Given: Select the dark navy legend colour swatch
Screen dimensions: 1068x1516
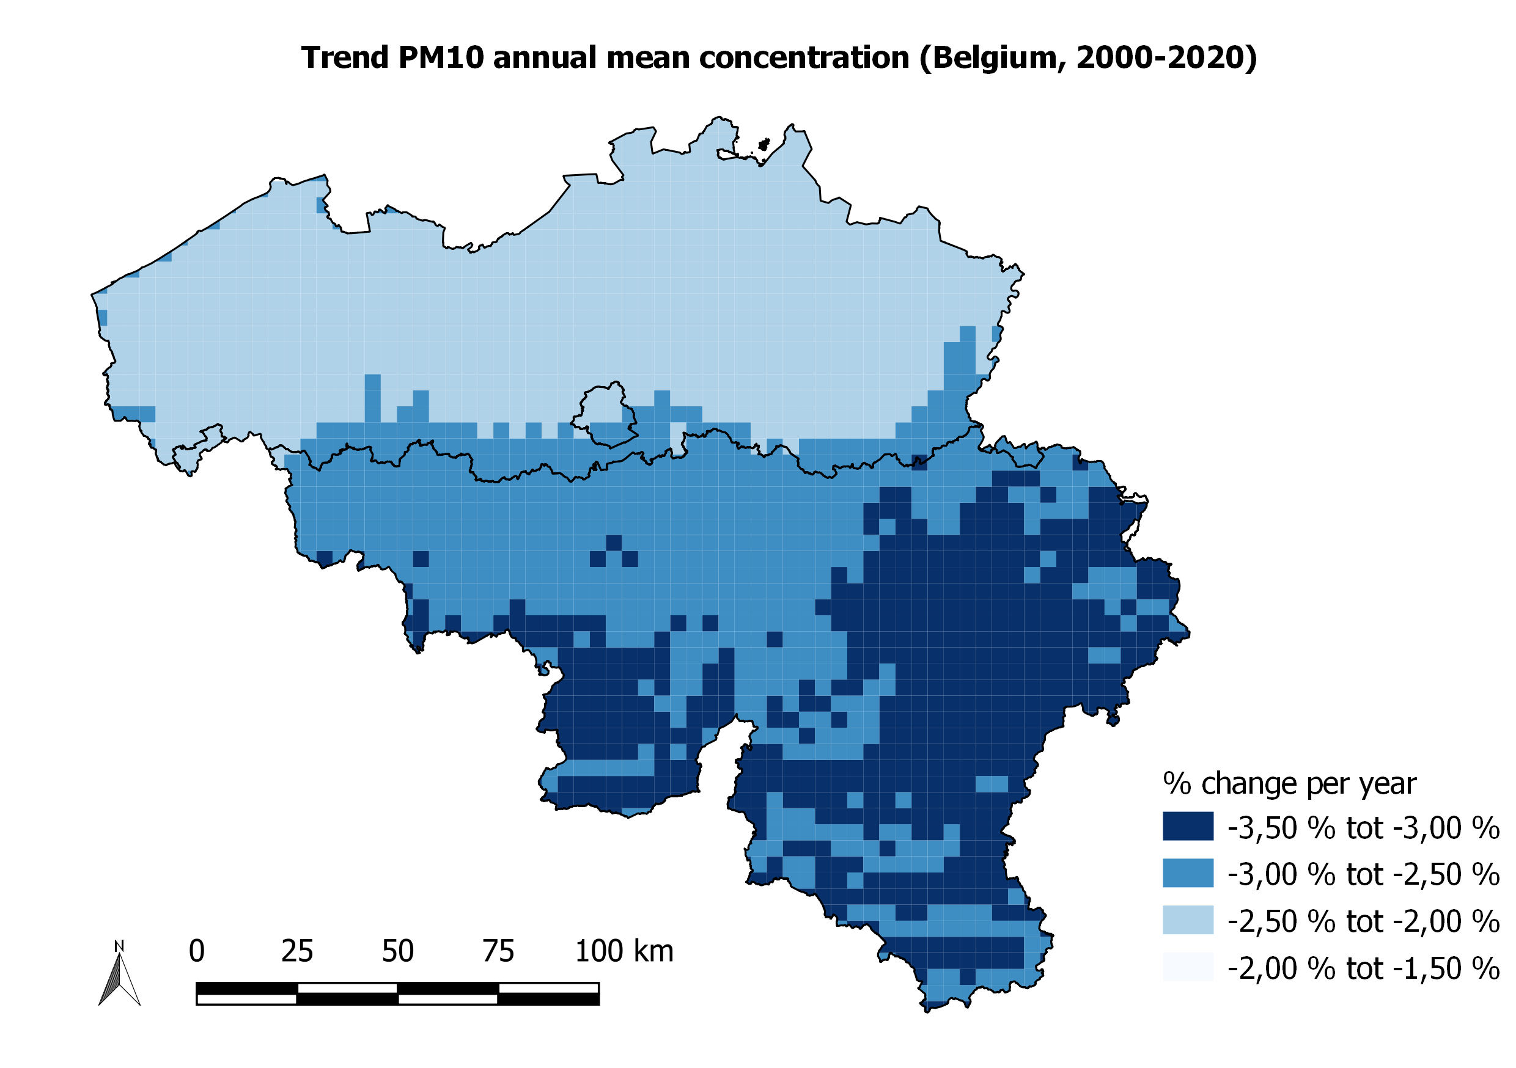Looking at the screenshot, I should (x=1188, y=826).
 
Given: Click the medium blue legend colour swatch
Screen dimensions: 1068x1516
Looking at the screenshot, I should (x=1188, y=872).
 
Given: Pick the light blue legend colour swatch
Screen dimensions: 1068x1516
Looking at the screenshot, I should (x=1188, y=920).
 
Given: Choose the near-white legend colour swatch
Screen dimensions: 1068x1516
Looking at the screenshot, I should (x=1188, y=967).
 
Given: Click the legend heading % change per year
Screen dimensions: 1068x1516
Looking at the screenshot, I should (x=1290, y=783).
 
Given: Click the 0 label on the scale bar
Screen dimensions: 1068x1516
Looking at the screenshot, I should (x=197, y=951).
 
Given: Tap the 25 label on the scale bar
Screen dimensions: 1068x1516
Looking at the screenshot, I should (x=297, y=951).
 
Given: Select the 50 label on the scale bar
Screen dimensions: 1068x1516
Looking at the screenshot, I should (x=397, y=951).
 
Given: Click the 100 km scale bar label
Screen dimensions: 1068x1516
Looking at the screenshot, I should (x=624, y=951).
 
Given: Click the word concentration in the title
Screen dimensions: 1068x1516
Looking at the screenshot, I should (x=804, y=58).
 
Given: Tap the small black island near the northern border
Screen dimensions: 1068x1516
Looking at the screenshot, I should (x=764, y=145).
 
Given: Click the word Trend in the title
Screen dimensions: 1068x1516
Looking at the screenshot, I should (x=345, y=58).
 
